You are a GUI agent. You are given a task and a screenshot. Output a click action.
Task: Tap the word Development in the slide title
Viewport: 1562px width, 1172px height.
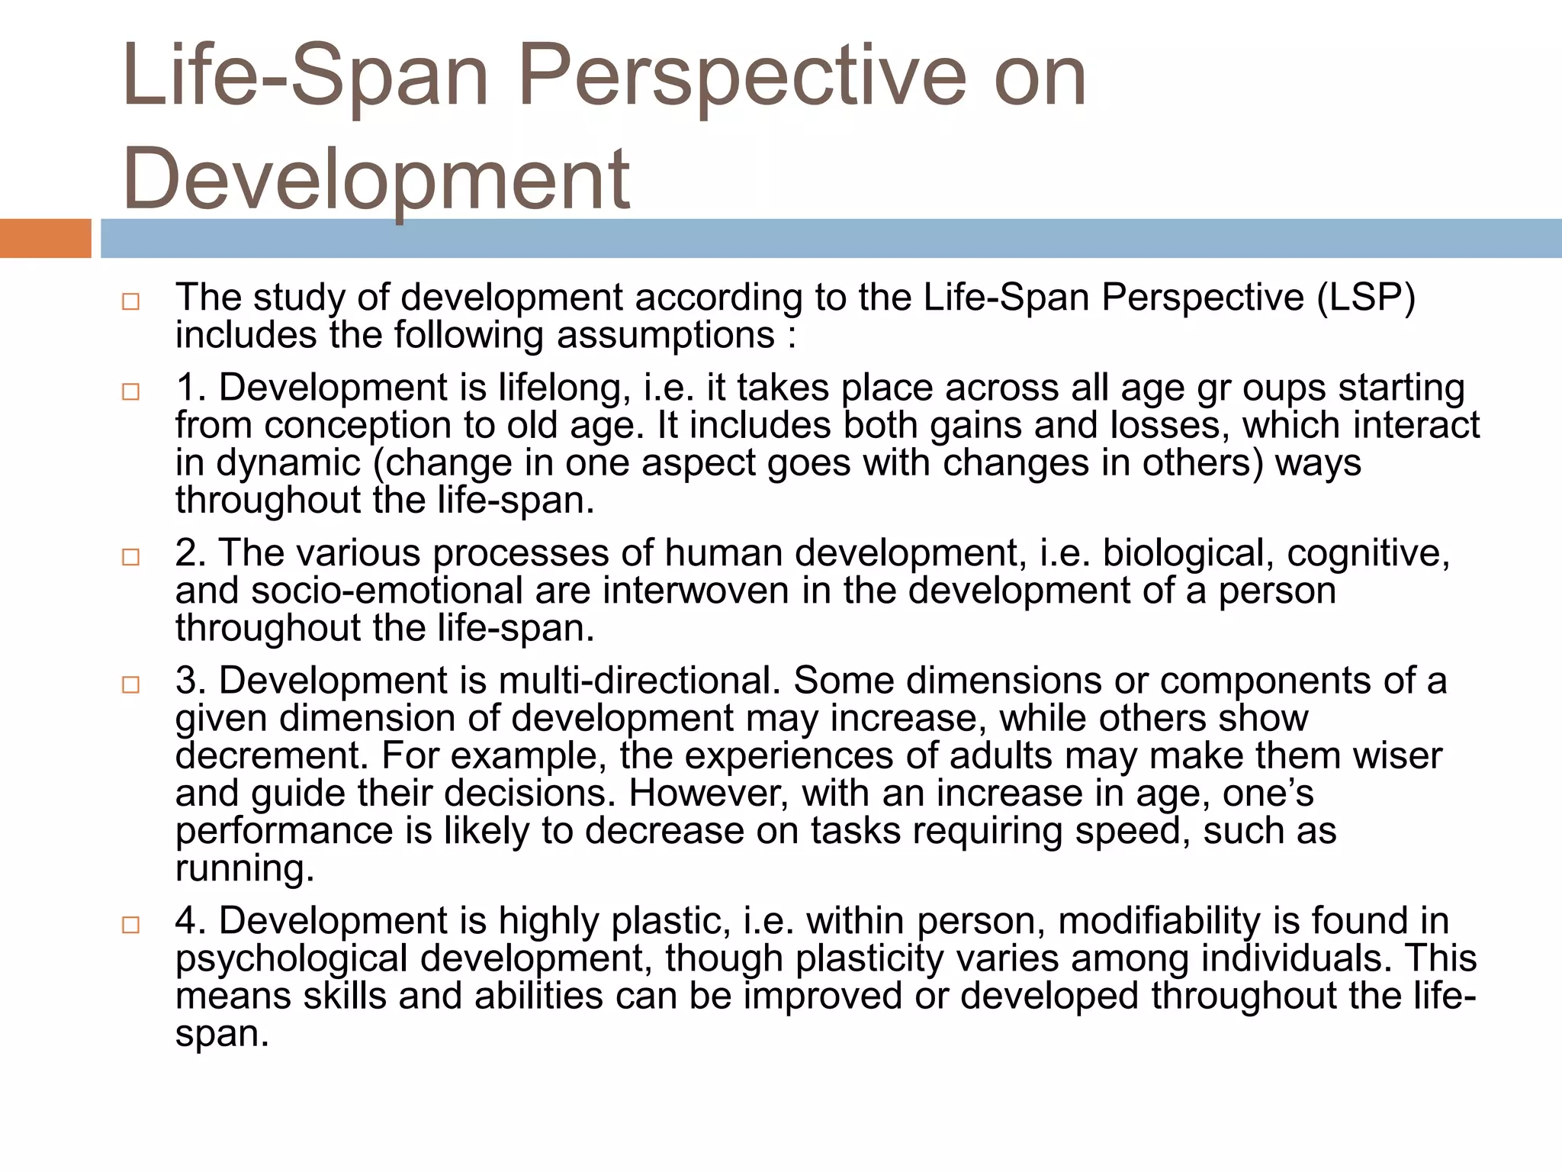point(376,179)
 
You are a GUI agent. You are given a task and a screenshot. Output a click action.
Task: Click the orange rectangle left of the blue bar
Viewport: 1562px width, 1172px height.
point(45,238)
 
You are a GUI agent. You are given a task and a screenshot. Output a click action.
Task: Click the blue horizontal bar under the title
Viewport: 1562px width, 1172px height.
point(831,238)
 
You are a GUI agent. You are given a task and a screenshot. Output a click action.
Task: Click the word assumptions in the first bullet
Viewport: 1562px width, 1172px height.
point(665,336)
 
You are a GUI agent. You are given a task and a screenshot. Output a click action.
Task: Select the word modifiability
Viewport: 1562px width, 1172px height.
point(1159,921)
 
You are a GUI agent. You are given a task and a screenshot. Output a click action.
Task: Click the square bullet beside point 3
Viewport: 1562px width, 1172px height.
point(130,684)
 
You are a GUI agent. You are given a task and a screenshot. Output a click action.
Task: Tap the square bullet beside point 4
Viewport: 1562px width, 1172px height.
point(130,925)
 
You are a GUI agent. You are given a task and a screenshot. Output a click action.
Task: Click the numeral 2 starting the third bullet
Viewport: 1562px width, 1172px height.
point(185,553)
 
